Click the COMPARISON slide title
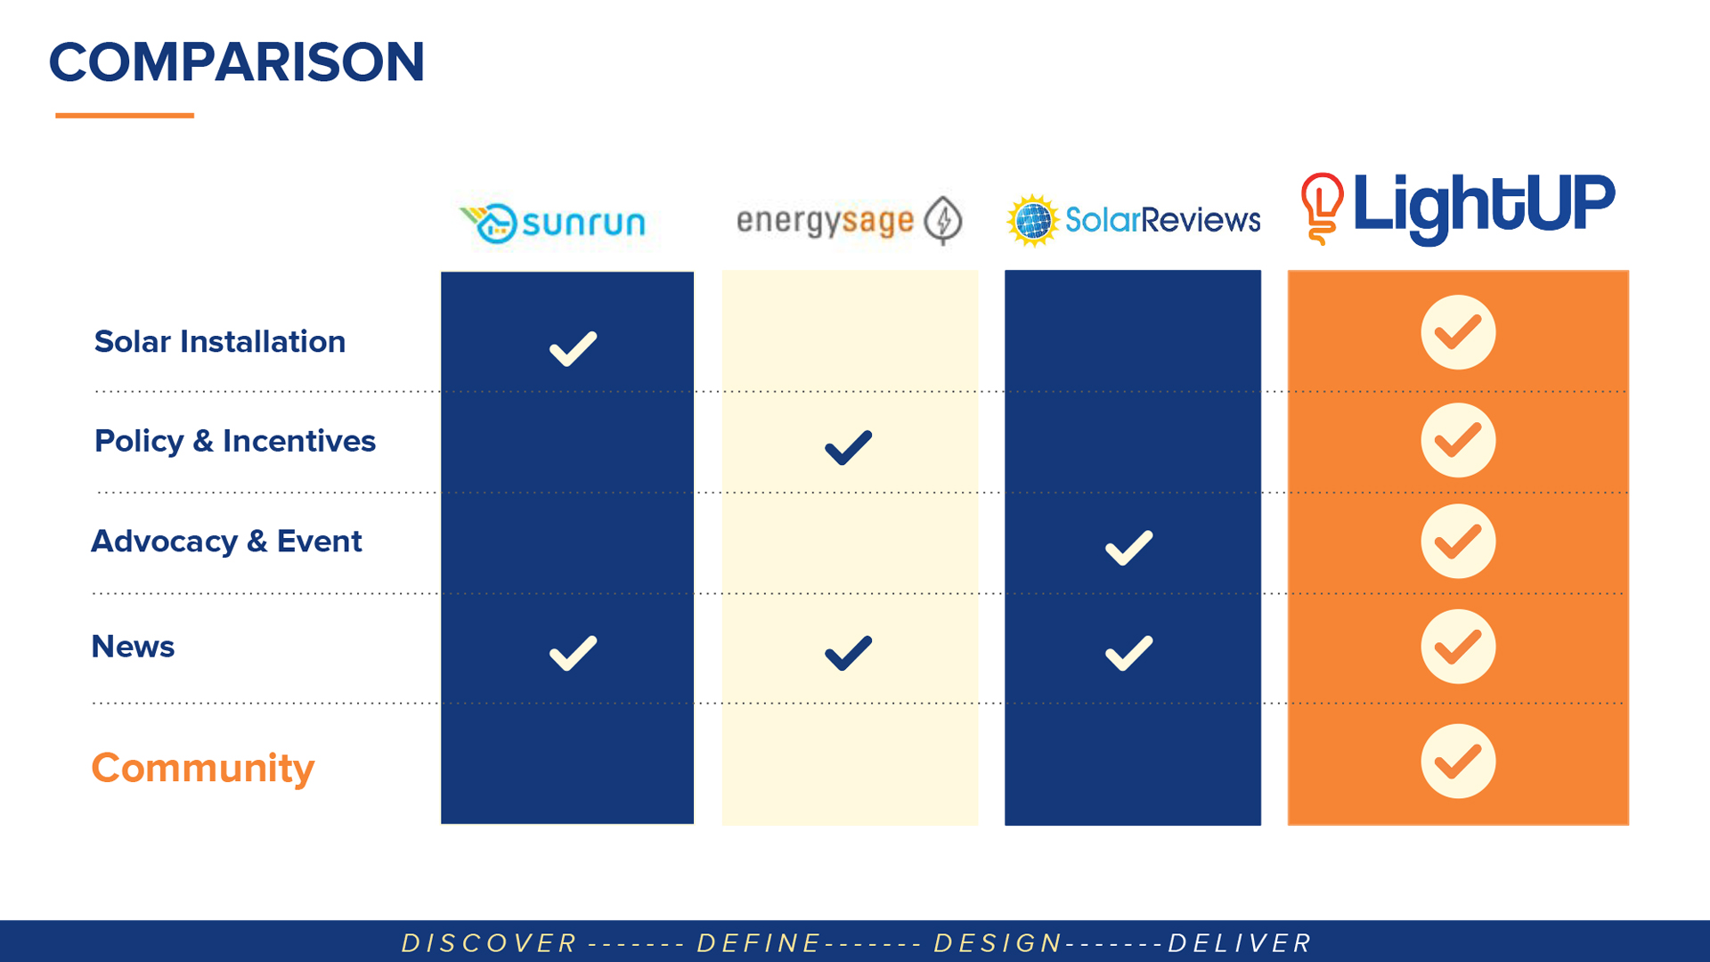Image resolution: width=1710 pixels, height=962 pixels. (x=237, y=62)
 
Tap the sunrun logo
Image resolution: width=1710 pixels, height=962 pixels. (x=553, y=222)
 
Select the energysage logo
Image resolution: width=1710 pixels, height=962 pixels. (x=849, y=220)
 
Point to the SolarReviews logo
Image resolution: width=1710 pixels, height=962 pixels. (x=1134, y=219)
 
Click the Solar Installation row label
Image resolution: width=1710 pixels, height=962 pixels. (x=220, y=341)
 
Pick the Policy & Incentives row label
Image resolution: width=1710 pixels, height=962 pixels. (x=235, y=441)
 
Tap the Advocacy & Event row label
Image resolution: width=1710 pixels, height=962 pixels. (x=226, y=542)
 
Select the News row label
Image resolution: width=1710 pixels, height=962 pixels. (x=133, y=647)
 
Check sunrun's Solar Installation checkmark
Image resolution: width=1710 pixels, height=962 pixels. (x=573, y=348)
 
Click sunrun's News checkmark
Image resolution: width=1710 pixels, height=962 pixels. (x=573, y=653)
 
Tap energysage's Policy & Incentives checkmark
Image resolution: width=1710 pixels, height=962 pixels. (x=848, y=448)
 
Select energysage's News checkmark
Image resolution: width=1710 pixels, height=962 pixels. (x=848, y=653)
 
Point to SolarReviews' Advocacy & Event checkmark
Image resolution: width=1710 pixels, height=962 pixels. (x=1128, y=549)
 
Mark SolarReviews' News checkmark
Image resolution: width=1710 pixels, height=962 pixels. (x=1128, y=653)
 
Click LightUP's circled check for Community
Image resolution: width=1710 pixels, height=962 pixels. (x=1458, y=762)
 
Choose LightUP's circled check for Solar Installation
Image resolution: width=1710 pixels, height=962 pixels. (x=1458, y=332)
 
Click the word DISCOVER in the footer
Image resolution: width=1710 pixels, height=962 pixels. (x=490, y=943)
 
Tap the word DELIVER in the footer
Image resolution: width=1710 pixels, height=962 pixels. (x=1240, y=943)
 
